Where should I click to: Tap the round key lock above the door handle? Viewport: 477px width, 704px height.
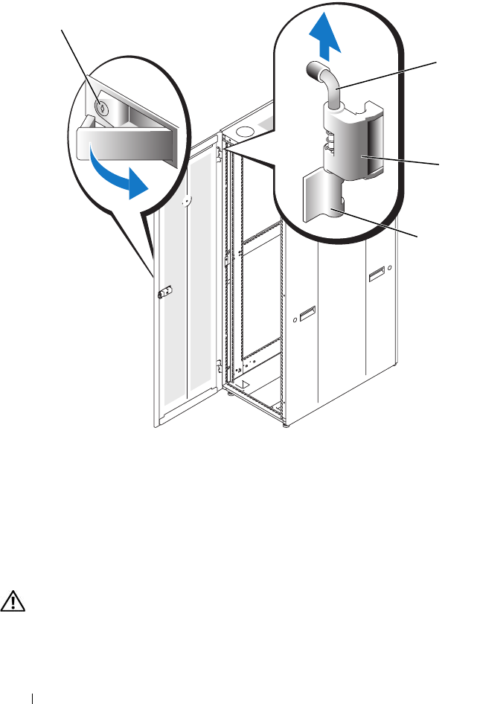point(102,106)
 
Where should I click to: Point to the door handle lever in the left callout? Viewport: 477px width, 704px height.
point(123,143)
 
